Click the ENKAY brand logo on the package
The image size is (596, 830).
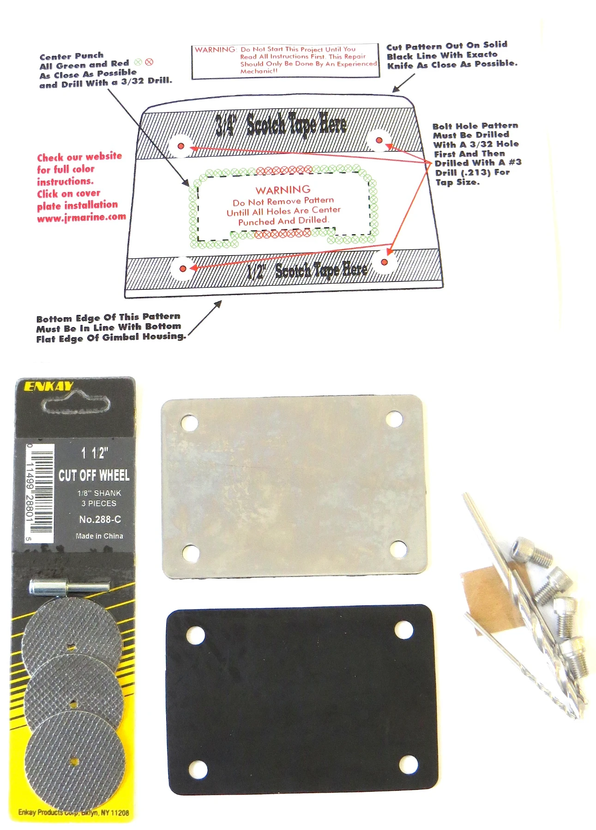pyautogui.click(x=48, y=386)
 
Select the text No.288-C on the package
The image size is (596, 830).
pyautogui.click(x=100, y=519)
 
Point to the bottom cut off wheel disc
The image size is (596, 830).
pyautogui.click(x=75, y=761)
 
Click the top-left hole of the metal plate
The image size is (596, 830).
pyautogui.click(x=189, y=422)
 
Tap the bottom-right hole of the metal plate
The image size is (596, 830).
pyautogui.click(x=398, y=548)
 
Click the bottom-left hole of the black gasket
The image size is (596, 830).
pyautogui.click(x=198, y=769)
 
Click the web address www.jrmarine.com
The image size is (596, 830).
pyautogui.click(x=82, y=217)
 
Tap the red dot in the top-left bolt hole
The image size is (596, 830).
pyautogui.click(x=181, y=146)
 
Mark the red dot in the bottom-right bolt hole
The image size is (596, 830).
pyautogui.click(x=384, y=262)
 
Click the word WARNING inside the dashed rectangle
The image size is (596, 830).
pyautogui.click(x=283, y=190)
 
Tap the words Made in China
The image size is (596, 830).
pyautogui.click(x=99, y=536)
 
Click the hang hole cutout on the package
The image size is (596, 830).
pyautogui.click(x=76, y=405)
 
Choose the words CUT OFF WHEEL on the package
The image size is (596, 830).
pyautogui.click(x=94, y=475)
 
